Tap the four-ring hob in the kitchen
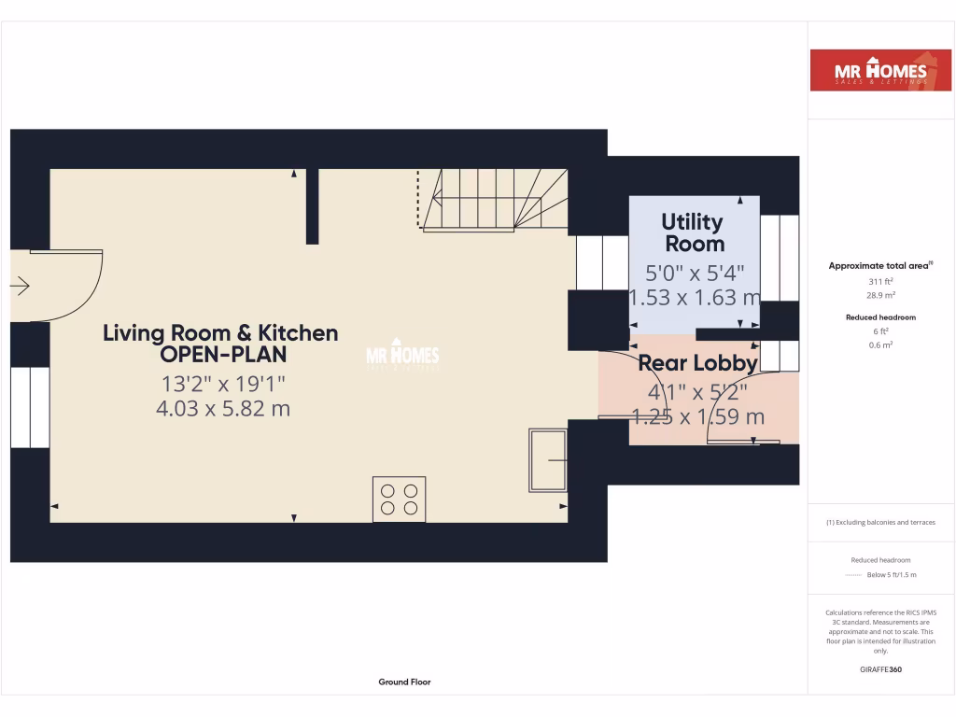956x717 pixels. (400, 498)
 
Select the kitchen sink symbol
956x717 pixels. (547, 460)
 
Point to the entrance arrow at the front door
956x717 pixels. (20, 287)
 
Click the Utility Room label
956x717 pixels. (693, 233)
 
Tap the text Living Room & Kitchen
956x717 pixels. (220, 333)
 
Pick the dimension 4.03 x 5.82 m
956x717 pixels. (223, 408)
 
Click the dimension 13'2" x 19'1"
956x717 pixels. (223, 383)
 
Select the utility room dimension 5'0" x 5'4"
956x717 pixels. (696, 274)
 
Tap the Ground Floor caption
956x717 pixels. (404, 682)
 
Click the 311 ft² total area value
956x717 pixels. (881, 280)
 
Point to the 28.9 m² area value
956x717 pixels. (881, 294)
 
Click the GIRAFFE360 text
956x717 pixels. (881, 669)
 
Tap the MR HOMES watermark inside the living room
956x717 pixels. (401, 356)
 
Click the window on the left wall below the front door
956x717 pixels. (29, 407)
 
